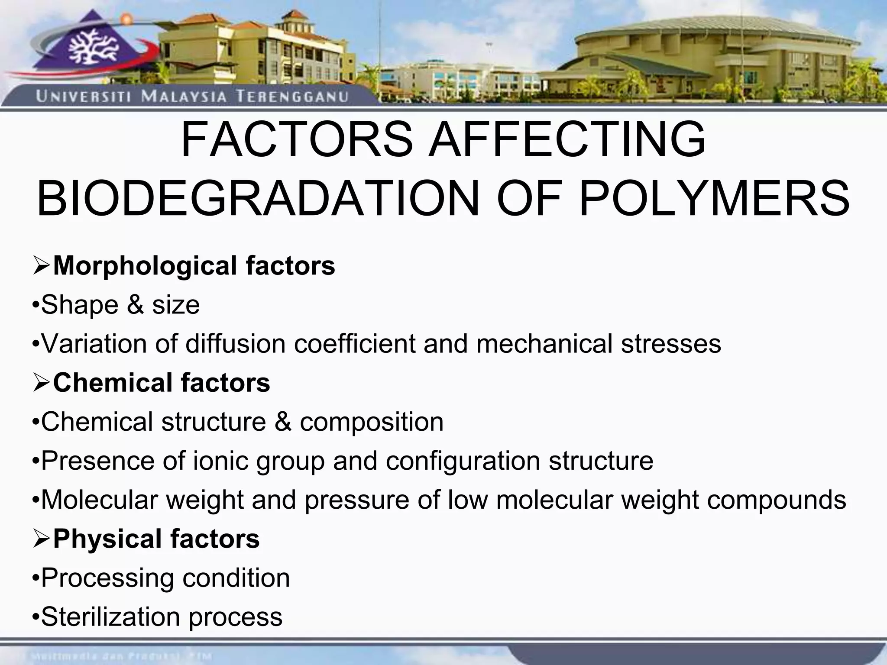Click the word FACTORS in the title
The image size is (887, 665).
(x=297, y=140)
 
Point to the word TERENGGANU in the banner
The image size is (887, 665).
(x=292, y=96)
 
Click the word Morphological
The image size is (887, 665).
(x=145, y=266)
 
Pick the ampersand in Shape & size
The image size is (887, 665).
(x=136, y=305)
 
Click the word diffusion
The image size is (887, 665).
(x=236, y=344)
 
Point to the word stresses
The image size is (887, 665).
(x=671, y=344)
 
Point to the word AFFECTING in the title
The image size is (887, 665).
(x=567, y=140)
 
